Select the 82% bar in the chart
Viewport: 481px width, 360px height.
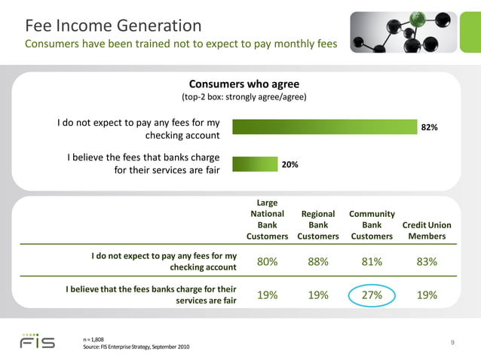[x=324, y=127]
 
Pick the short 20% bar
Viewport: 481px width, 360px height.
[x=254, y=163]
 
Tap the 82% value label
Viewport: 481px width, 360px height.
[x=430, y=128]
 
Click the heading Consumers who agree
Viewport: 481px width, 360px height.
[x=244, y=84]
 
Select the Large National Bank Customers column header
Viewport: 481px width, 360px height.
[x=267, y=219]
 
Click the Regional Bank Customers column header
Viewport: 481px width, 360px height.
[x=318, y=224]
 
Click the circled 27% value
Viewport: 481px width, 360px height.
[x=372, y=295]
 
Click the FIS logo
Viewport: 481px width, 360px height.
[x=37, y=341]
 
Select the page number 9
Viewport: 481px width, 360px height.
[x=452, y=343]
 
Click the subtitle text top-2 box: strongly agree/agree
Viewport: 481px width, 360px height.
[x=244, y=98]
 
